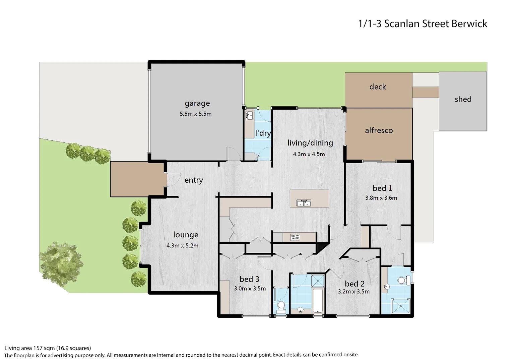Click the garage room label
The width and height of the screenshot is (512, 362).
pyautogui.click(x=197, y=103)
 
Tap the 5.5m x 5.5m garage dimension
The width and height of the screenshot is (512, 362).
pyautogui.click(x=196, y=114)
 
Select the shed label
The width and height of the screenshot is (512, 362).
pyautogui.click(x=463, y=99)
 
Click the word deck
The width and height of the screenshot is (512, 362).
pyautogui.click(x=378, y=87)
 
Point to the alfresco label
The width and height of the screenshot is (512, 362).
pyautogui.click(x=379, y=130)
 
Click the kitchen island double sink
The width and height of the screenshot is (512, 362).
pyautogui.click(x=304, y=203)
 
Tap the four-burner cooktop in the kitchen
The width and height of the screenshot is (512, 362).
pyautogui.click(x=295, y=237)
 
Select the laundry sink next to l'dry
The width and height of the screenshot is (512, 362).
pyautogui.click(x=249, y=116)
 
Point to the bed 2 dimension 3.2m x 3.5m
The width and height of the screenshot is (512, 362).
pyautogui.click(x=354, y=292)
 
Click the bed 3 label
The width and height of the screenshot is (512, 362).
pyautogui.click(x=249, y=279)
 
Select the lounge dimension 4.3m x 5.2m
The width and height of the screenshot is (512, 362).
pyautogui.click(x=182, y=246)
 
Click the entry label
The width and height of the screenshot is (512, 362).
pyautogui.click(x=194, y=180)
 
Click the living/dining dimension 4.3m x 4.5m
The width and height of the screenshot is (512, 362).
pyautogui.click(x=309, y=154)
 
